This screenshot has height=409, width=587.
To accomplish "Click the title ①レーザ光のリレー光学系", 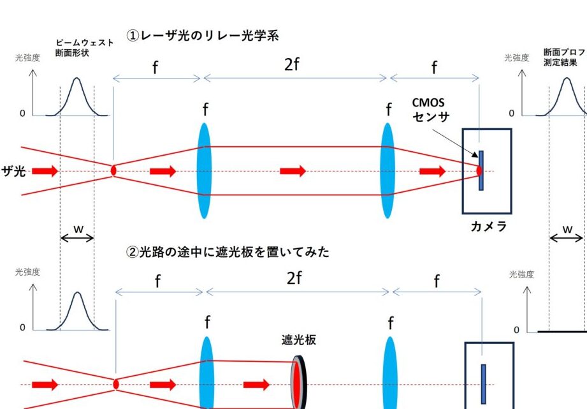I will tap(203, 36).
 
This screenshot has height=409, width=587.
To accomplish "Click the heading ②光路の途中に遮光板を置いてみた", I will tap(229, 252).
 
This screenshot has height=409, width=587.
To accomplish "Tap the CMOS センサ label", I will tap(431, 109).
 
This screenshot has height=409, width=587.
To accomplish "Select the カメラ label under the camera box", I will tap(488, 227).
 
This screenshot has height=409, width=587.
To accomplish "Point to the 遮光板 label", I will tap(299, 340).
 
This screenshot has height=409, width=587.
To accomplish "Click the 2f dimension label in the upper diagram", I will tap(291, 64).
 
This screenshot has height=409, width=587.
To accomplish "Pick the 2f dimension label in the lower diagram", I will tap(294, 278).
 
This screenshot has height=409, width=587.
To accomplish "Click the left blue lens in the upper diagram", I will tap(204, 170).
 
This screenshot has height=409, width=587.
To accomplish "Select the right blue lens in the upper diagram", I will tap(387, 170).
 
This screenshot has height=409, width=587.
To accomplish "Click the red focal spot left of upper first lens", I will tap(113, 170).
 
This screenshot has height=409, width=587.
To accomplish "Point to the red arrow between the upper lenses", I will tap(293, 171).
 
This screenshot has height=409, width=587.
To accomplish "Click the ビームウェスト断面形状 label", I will tap(84, 47).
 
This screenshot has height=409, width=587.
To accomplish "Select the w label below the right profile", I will tap(567, 228).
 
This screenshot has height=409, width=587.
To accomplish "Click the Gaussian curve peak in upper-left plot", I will tap(76, 79).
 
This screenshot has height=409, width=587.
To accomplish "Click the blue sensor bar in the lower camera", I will tap(483, 383).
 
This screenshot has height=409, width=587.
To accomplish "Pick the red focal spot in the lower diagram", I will tap(116, 384).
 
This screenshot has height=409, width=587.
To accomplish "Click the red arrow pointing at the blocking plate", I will tap(256, 385).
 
